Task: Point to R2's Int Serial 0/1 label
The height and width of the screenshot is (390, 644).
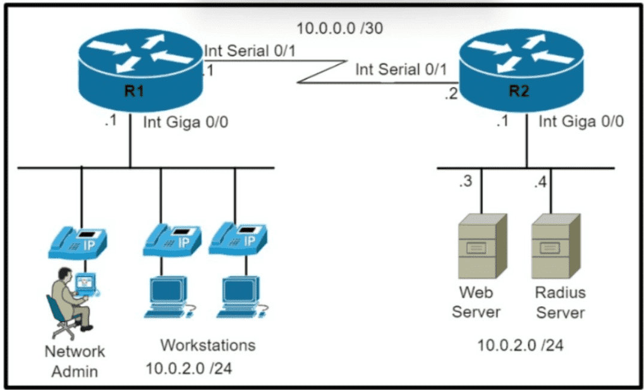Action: (401, 69)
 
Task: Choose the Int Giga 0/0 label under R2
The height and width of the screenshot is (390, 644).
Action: (581, 122)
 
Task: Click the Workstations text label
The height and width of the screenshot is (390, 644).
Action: (207, 345)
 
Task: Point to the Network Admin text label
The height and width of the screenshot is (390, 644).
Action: (74, 361)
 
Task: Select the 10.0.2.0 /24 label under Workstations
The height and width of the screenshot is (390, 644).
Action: (189, 368)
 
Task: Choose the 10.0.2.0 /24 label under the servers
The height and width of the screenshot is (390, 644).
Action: (520, 345)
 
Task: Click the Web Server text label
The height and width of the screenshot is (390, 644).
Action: (476, 303)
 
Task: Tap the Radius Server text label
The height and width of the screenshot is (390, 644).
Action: (560, 303)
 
